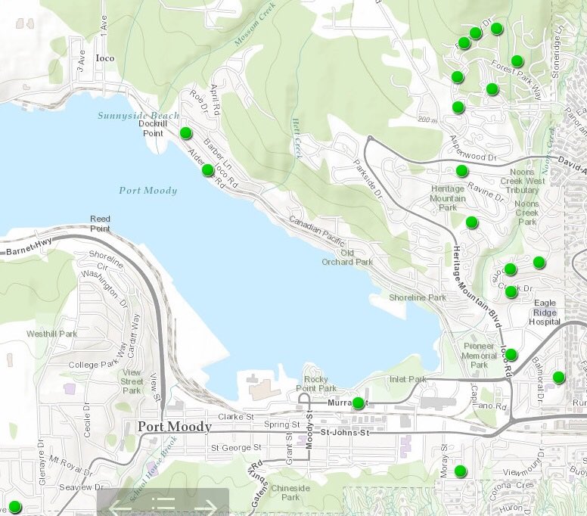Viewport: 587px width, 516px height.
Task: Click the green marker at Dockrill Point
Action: (x=186, y=134)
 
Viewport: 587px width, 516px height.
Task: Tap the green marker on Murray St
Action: (x=358, y=403)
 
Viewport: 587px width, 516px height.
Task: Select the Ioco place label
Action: (x=104, y=58)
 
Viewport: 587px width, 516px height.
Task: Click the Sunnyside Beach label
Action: (x=138, y=116)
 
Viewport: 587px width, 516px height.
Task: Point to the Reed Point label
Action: (x=100, y=223)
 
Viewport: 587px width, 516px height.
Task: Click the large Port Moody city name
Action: (x=175, y=427)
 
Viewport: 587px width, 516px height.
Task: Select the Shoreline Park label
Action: (x=418, y=297)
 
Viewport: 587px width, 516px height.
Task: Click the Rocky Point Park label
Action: (x=315, y=384)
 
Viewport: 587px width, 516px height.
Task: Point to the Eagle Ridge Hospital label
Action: (x=545, y=312)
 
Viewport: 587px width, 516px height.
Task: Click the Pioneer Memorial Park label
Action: (x=479, y=356)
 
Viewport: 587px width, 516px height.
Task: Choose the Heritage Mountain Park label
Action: (x=448, y=197)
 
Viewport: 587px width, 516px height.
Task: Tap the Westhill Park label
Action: (x=51, y=334)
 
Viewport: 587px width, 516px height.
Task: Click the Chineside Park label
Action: (x=290, y=493)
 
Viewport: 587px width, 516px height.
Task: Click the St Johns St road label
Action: (x=345, y=432)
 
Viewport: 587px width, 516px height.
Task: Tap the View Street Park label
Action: (x=132, y=381)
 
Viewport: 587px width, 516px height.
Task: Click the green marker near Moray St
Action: (x=461, y=472)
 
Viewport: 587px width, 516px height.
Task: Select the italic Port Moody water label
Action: (x=148, y=190)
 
